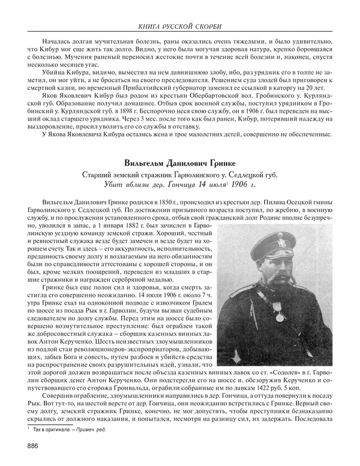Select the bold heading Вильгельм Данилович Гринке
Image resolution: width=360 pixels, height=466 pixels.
179,163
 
